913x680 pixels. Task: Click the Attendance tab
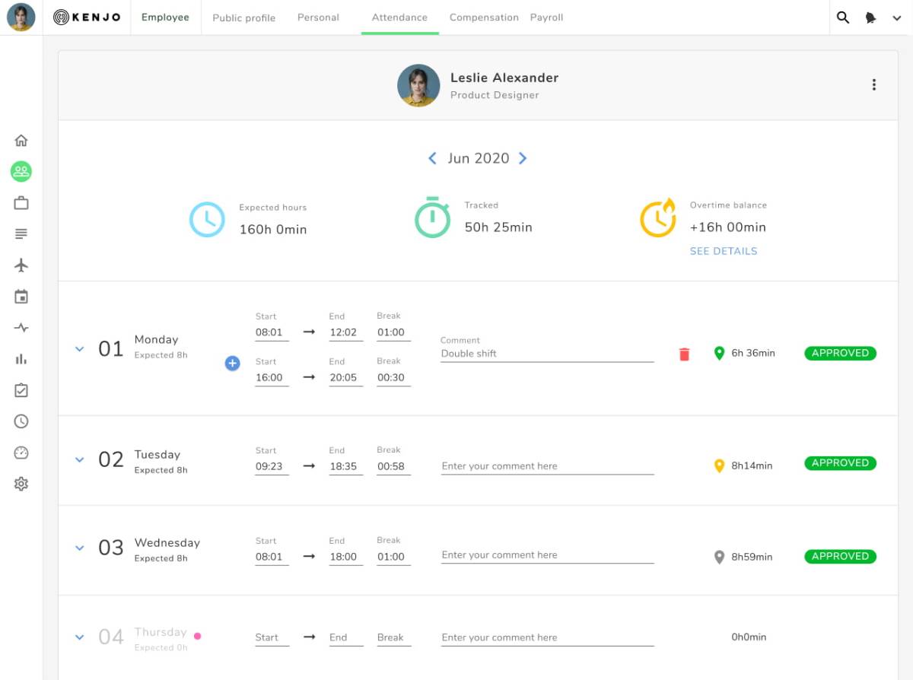click(x=399, y=17)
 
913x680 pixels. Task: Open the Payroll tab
click(x=546, y=17)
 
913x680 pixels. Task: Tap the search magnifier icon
click(x=842, y=17)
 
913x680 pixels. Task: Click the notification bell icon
click(x=870, y=17)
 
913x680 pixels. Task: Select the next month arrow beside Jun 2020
click(x=523, y=158)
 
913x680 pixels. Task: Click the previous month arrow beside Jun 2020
click(x=432, y=158)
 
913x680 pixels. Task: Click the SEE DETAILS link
click(x=724, y=251)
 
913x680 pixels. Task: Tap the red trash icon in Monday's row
click(x=684, y=354)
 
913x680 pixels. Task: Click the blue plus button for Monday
click(x=232, y=363)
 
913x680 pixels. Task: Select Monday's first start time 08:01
click(x=269, y=332)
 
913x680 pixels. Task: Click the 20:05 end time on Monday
click(x=343, y=377)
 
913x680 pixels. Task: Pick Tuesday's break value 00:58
click(x=390, y=466)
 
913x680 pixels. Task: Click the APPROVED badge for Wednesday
click(x=840, y=556)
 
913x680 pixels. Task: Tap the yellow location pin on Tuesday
click(x=719, y=466)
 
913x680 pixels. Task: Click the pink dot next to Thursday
click(x=198, y=636)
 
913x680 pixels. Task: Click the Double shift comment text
click(x=469, y=354)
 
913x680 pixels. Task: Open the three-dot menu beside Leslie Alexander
click(x=874, y=84)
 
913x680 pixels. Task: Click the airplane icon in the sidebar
click(x=21, y=265)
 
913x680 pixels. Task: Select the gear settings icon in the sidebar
click(x=21, y=484)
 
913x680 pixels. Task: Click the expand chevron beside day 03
click(x=79, y=548)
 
